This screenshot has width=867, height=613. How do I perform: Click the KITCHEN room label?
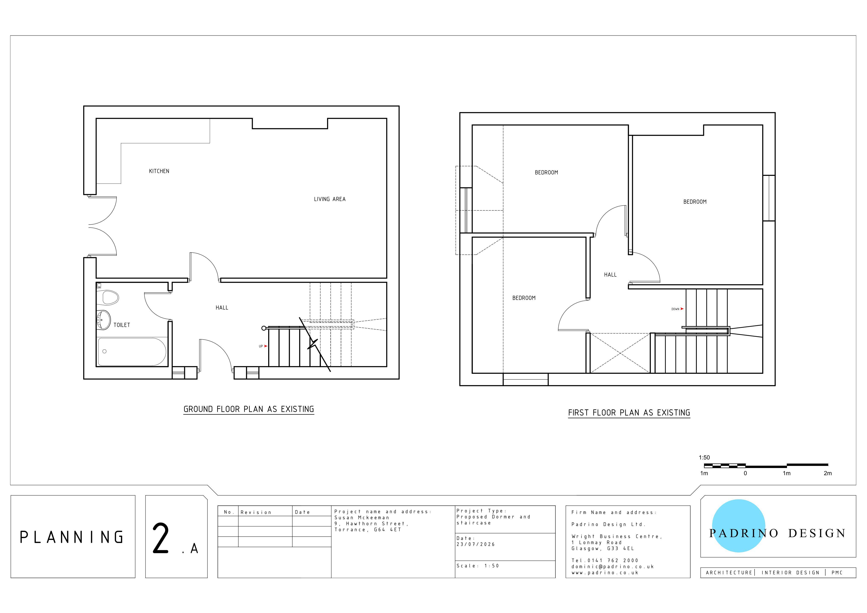pyautogui.click(x=159, y=171)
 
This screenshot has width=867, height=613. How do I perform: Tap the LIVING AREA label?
pyautogui.click(x=330, y=199)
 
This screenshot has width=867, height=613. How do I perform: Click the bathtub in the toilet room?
pyautogui.click(x=132, y=352)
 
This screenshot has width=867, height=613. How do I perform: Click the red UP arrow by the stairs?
pyautogui.click(x=266, y=346)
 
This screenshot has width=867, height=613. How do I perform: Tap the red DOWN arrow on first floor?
pyautogui.click(x=682, y=309)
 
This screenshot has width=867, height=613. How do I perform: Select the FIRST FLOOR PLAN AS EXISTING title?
pyautogui.click(x=629, y=413)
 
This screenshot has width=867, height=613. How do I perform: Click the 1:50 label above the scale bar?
pyautogui.click(x=704, y=457)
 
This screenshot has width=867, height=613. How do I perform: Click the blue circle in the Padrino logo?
pyautogui.click(x=739, y=526)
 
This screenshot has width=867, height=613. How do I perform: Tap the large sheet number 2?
pyautogui.click(x=160, y=538)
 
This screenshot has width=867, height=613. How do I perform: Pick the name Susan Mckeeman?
pyautogui.click(x=362, y=518)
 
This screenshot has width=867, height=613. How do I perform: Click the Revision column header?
pyautogui.click(x=256, y=512)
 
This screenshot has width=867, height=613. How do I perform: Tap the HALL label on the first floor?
pyautogui.click(x=610, y=275)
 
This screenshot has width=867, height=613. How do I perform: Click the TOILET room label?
pyautogui.click(x=121, y=325)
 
